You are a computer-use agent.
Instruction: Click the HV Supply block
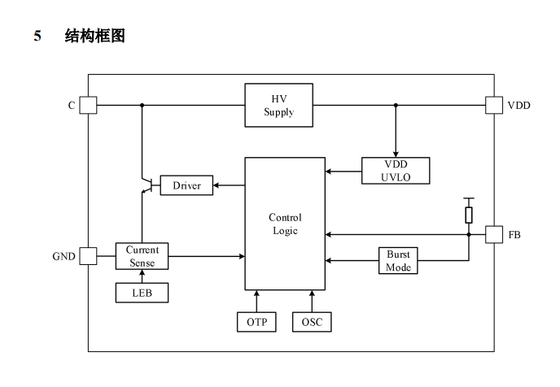[279, 105]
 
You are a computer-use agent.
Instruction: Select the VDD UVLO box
[395, 171]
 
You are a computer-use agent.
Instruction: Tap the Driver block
[186, 186]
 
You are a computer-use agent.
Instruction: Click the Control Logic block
[285, 224]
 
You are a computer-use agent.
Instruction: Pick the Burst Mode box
[399, 261]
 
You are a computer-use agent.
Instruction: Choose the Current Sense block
[142, 256]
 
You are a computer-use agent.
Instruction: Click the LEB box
[142, 292]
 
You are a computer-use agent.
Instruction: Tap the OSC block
[312, 322]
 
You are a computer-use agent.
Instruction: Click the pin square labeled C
[88, 105]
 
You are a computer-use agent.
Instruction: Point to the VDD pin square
[493, 105]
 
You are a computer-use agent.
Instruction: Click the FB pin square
[493, 234]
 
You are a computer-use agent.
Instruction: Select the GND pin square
[88, 256]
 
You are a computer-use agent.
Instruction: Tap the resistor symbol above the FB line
[468, 215]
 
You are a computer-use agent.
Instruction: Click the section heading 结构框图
[94, 36]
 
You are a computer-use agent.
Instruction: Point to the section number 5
[37, 36]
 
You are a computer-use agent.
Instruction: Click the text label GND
[63, 257]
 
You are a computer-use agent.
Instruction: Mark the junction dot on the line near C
[142, 105]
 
